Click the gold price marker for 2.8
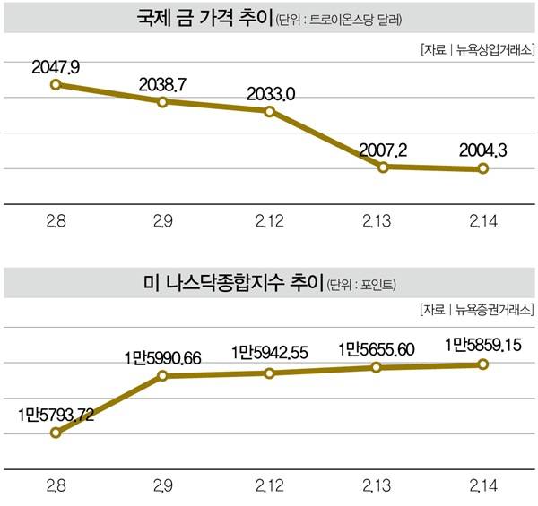point(56,84)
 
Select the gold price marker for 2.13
point(383,167)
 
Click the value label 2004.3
point(482,150)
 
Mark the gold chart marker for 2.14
point(482,168)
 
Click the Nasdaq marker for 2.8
point(56,433)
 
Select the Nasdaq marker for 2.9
point(162,376)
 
